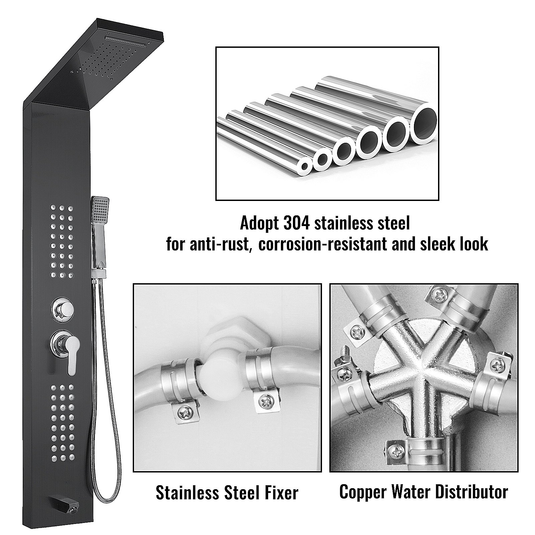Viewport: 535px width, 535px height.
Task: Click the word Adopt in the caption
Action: point(258,223)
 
